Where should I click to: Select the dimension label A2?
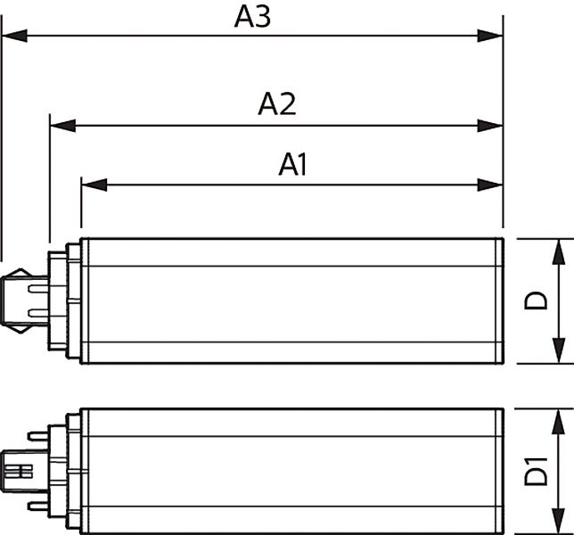point(276,104)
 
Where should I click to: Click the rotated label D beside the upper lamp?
point(536,301)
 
